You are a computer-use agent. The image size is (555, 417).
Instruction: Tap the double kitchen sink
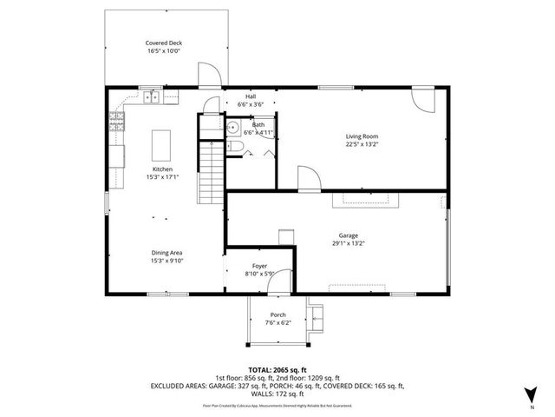pos(151,96)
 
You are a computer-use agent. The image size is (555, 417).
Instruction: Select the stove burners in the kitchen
pos(116,121)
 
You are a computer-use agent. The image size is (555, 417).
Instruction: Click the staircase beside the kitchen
pos(211,170)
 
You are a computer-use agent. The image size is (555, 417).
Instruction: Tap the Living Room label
pos(362,136)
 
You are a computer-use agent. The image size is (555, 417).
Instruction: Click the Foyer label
pos(259,266)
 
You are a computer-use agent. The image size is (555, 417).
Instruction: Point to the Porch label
pos(277,315)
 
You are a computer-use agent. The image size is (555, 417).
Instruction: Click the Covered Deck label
pos(163,43)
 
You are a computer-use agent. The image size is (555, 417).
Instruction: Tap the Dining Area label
pos(167,253)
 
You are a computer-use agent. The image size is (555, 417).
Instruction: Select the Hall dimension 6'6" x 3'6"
pos(251,104)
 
